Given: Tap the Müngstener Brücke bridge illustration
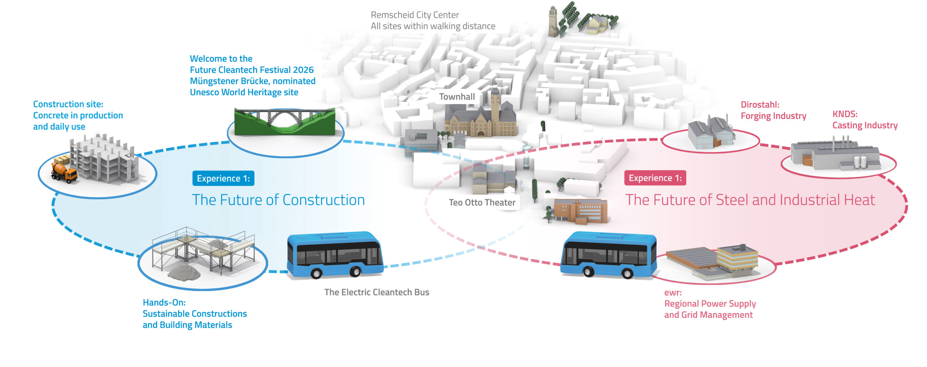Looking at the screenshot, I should [285, 121].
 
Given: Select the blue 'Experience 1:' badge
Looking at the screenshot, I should [223, 178].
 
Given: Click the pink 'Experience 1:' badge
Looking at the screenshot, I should [655, 178].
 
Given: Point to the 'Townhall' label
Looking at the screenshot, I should [457, 97].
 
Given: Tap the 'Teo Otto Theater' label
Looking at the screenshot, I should [482, 202].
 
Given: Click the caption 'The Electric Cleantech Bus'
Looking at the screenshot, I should [377, 292].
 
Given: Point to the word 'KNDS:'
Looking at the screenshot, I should [845, 114].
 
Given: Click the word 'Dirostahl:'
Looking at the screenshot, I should [760, 104].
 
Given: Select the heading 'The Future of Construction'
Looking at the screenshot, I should [278, 200].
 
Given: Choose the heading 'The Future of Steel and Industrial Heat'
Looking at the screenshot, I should [750, 200].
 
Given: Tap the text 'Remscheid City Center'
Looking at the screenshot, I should [415, 15].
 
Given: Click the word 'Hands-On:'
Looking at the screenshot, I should [164, 302].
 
